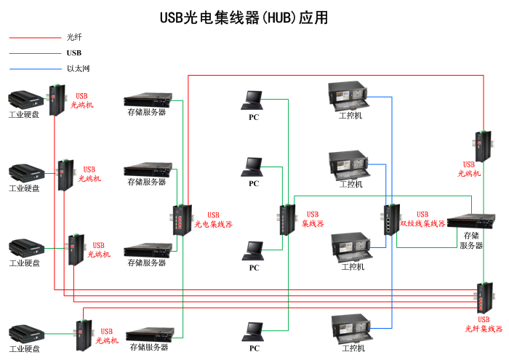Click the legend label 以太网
click(x=78, y=69)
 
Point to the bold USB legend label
click(x=74, y=52)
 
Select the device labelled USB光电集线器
click(x=180, y=219)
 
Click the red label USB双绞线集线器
click(x=422, y=219)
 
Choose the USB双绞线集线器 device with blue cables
click(x=391, y=219)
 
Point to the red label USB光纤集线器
click(x=484, y=324)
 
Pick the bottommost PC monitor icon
click(x=253, y=331)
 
